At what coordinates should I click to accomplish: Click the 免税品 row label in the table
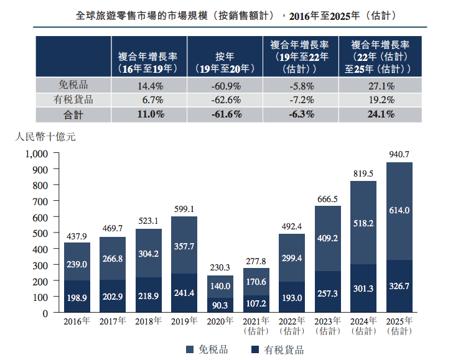pos(73,86)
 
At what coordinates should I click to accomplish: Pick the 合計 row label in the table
pos(73,114)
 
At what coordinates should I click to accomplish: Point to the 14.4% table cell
pos(149,86)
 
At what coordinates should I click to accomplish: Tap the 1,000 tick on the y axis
pos(37,153)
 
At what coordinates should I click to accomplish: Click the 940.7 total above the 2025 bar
pos(399,154)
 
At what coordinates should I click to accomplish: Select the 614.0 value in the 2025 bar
pos(399,211)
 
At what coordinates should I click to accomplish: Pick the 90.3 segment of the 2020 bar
pos(220,305)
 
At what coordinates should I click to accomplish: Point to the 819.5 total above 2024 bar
pos(363,173)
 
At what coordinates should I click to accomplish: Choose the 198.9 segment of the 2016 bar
pos(77,297)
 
